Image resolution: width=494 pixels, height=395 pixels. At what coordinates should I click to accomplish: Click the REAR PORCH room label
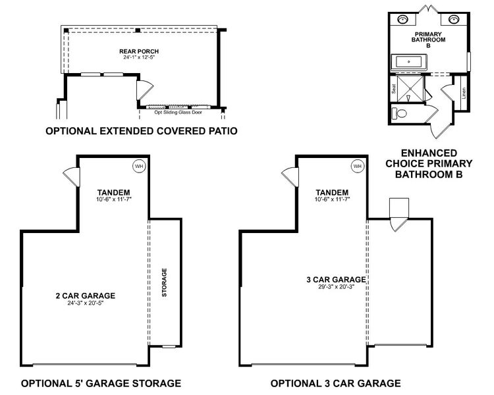click(x=139, y=51)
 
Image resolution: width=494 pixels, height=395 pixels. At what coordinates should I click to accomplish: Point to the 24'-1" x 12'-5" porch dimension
click(x=139, y=58)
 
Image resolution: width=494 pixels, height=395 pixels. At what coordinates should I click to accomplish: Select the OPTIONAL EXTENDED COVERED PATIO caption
click(x=142, y=132)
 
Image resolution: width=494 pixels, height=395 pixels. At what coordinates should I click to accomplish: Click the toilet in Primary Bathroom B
click(x=401, y=113)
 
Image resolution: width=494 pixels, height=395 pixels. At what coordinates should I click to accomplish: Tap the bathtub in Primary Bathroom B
click(x=410, y=63)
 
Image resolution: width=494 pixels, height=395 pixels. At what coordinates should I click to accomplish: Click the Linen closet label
click(x=464, y=93)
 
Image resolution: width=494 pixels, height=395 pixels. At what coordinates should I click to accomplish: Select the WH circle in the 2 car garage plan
click(x=139, y=167)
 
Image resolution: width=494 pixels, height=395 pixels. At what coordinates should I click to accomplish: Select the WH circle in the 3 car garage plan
click(x=357, y=167)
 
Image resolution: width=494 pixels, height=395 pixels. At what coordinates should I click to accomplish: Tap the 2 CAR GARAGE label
click(x=86, y=296)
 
